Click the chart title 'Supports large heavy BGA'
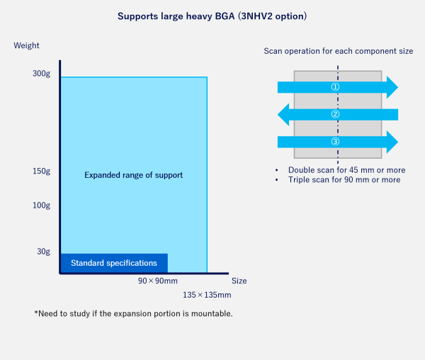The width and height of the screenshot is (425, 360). (212, 15)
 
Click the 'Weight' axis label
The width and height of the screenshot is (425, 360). (27, 46)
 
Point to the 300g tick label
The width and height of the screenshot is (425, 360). (41, 74)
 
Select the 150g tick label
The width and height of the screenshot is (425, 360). (41, 171)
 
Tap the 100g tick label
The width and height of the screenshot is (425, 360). (41, 206)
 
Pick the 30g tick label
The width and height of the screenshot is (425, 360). (43, 252)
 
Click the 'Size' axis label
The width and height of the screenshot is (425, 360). (239, 281)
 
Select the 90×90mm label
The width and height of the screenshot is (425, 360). (157, 281)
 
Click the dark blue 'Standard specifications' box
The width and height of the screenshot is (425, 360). (113, 263)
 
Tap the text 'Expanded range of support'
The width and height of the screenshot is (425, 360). (134, 175)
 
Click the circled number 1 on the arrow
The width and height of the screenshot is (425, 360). (336, 86)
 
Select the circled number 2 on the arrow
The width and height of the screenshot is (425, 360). (336, 114)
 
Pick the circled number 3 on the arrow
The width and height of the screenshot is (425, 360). (336, 142)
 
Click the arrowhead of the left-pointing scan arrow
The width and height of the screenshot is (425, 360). (283, 114)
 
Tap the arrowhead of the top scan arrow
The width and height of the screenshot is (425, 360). (392, 86)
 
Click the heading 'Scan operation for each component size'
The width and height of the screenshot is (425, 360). (338, 52)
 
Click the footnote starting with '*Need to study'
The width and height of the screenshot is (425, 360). (133, 313)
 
